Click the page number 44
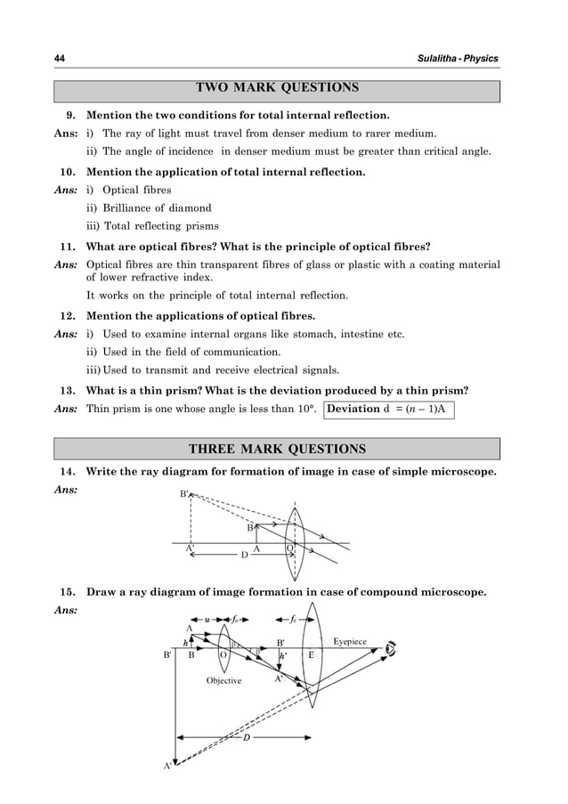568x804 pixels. point(60,58)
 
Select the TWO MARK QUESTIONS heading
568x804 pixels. point(277,89)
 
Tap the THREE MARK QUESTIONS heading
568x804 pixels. point(277,449)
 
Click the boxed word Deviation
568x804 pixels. point(357,410)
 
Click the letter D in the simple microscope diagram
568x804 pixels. point(245,556)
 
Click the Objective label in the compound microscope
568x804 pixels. point(223,680)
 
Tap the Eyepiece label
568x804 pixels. point(355,641)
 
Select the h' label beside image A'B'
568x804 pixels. point(283,656)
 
